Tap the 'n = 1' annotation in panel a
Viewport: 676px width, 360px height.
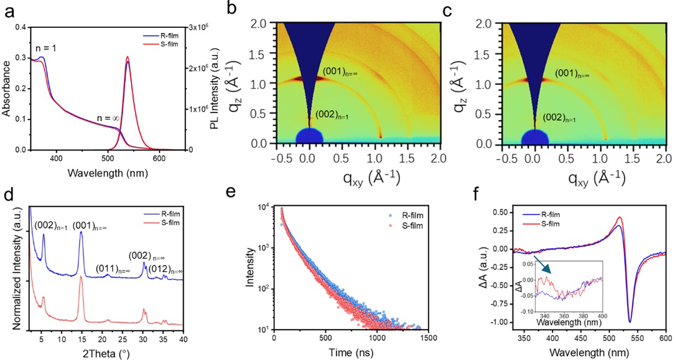(x=46, y=48)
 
